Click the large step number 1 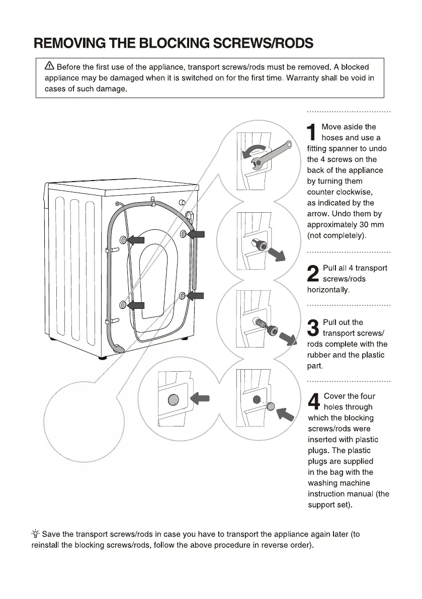pyautogui.click(x=313, y=132)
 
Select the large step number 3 pyautogui.click(x=313, y=328)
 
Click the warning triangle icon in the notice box pyautogui.click(x=49, y=66)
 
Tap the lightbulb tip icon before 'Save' pyautogui.click(x=36, y=534)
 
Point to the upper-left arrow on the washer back pyautogui.click(x=136, y=240)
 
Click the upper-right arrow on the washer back pyautogui.click(x=196, y=234)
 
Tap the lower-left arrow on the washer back pyautogui.click(x=136, y=305)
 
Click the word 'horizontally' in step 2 pyautogui.click(x=328, y=290)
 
